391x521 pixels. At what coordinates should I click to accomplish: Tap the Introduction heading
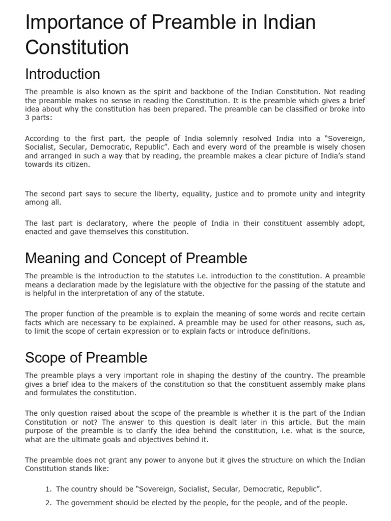63,74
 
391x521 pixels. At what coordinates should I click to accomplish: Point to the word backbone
192,92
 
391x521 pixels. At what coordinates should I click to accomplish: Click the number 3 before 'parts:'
27,118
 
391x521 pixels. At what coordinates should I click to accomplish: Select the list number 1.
48,489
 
